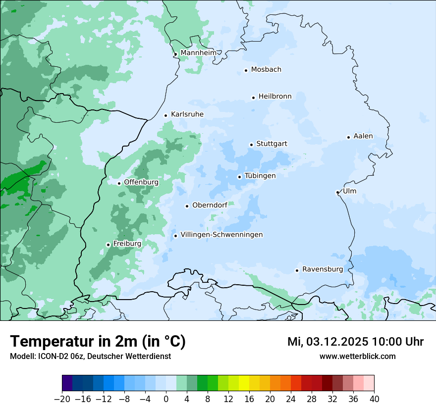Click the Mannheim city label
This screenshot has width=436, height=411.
[198, 52]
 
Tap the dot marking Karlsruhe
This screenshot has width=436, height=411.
[166, 115]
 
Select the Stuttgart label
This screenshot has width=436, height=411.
[272, 144]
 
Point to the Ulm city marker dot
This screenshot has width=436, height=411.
[337, 192]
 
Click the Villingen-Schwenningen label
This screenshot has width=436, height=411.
[221, 235]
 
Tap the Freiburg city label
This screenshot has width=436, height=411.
[127, 244]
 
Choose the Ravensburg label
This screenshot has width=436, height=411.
[323, 269]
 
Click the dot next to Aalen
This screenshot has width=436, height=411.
[348, 137]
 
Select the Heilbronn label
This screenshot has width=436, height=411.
[275, 96]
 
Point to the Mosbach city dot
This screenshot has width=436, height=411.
[246, 70]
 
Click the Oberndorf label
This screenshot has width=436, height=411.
[210, 205]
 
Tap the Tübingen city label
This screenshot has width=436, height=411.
[260, 176]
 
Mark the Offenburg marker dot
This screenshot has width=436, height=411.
[119, 183]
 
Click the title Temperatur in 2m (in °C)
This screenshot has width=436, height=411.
[98, 341]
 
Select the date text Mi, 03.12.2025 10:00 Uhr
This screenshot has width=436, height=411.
[355, 342]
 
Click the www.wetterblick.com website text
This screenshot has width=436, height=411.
[357, 356]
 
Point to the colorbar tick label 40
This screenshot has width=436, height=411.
[374, 399]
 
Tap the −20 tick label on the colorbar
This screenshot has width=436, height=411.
[62, 399]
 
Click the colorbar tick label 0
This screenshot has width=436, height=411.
[166, 399]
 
